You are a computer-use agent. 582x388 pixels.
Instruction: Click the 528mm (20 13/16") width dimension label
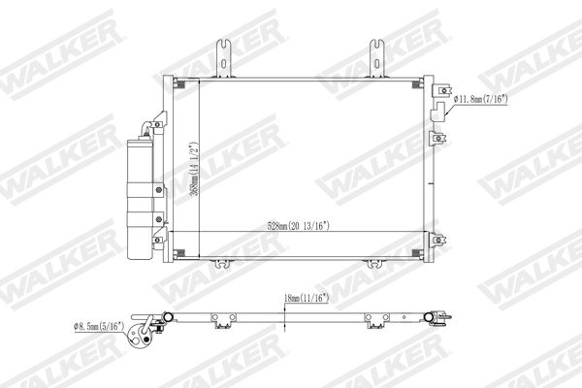299,226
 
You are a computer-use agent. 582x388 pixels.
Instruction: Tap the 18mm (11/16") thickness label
307,298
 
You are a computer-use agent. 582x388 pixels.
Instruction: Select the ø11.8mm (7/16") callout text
481,99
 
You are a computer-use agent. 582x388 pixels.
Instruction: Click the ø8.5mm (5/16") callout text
99,326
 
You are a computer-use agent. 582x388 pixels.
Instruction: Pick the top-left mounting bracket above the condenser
224,58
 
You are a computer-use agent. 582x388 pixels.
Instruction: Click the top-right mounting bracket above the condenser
376,58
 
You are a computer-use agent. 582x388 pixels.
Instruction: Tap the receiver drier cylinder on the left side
140,199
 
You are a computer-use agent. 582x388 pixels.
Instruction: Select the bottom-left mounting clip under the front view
222,263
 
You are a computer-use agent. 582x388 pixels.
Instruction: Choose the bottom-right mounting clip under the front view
375,263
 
